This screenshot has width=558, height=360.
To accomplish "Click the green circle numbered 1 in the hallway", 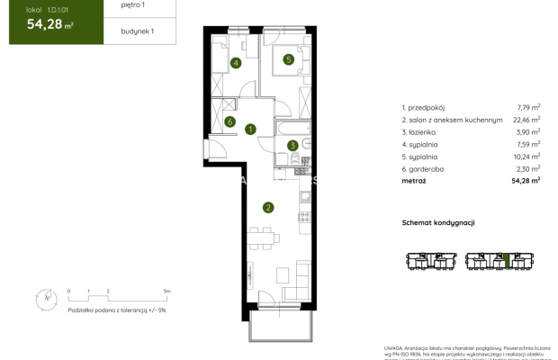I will [249, 130].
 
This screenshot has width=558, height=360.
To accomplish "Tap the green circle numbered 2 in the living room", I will [268, 208].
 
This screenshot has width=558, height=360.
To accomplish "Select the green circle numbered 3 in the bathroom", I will [292, 145].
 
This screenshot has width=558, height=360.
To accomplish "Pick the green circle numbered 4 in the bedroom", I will [235, 63].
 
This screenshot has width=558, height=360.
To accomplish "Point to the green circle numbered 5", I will [288, 60].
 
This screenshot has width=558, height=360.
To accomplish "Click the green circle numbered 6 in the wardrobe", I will [230, 122].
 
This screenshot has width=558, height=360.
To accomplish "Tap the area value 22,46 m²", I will [527, 119].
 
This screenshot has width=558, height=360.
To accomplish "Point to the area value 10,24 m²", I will [527, 156].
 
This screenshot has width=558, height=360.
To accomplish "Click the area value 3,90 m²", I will [528, 131].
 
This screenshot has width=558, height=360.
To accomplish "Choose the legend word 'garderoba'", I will [432, 168].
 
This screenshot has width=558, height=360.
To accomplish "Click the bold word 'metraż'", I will [415, 181].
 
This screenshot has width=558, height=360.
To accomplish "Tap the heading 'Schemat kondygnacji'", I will [437, 222].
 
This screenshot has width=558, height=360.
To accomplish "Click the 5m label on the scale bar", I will [166, 292].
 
